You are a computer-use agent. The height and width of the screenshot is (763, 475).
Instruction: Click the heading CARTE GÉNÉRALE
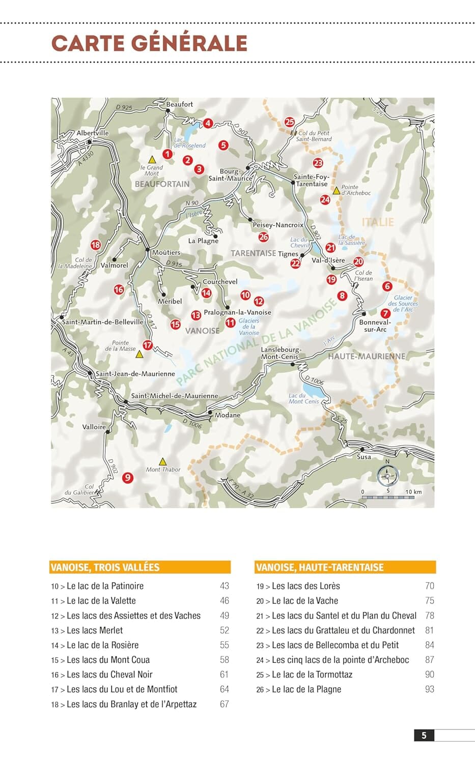point(149,43)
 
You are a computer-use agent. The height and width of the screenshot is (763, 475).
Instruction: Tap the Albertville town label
point(93,133)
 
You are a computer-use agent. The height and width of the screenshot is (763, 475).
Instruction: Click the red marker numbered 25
point(290,122)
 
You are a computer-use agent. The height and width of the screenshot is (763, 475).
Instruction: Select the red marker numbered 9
point(128,477)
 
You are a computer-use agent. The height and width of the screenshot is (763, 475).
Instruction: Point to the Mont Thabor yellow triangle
point(162,461)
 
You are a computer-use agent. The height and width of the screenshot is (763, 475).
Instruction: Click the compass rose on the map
point(387,476)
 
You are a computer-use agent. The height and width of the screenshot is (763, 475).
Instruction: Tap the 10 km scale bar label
point(413,492)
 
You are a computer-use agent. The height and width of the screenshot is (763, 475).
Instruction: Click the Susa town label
point(364,457)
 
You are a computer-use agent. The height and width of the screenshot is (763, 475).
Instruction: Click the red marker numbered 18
point(96,245)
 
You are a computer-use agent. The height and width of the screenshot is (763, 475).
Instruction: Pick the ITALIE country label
point(378,222)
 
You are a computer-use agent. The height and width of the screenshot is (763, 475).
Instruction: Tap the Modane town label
point(227,415)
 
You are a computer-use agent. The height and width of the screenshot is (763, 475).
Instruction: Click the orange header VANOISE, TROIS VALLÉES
point(140,567)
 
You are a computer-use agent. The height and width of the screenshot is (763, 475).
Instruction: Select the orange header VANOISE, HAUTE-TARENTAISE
point(345,567)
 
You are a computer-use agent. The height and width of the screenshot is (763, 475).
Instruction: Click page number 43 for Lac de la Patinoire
point(224,586)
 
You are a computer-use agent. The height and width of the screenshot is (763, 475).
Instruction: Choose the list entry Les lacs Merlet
point(95,630)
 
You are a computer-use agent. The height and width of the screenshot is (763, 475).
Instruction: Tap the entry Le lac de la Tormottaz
point(312,674)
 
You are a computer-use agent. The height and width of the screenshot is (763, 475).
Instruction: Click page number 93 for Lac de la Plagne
point(429,689)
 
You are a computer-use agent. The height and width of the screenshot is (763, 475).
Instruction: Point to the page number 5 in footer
point(424,735)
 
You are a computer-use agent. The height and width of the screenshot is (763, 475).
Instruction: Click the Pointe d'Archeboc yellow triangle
point(337,191)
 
